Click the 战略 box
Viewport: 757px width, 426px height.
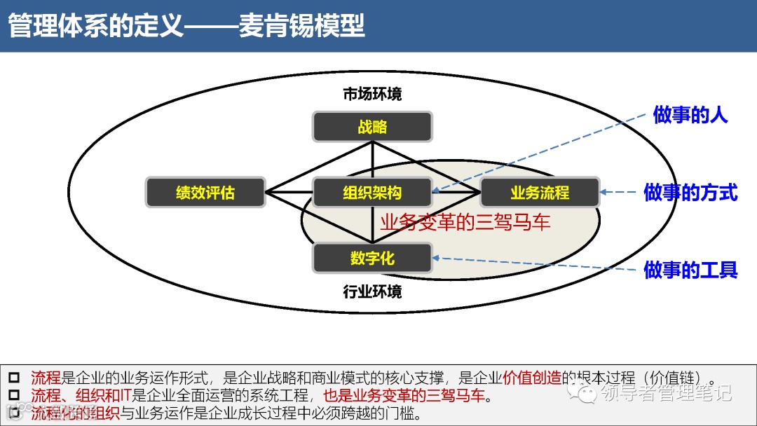(x=372, y=128)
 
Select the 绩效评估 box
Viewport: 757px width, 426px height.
(x=205, y=193)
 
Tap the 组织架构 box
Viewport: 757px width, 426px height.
(x=372, y=193)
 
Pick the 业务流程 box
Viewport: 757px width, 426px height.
(x=540, y=193)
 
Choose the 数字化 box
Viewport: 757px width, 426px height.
(x=372, y=259)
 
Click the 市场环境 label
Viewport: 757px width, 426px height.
(x=372, y=94)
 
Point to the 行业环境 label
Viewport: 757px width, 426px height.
(x=372, y=291)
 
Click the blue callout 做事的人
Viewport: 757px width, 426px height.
(x=690, y=116)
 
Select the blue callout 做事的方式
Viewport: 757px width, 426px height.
(x=690, y=193)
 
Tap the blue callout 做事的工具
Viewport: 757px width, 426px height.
(x=690, y=270)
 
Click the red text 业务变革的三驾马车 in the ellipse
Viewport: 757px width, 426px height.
(x=465, y=223)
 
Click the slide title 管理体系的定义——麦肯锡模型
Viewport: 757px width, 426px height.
(x=186, y=26)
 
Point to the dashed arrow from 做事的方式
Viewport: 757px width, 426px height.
(x=621, y=193)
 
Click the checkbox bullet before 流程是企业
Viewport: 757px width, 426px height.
(x=14, y=378)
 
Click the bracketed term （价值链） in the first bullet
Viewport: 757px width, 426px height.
(x=673, y=378)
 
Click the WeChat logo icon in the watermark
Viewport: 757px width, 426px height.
(x=583, y=392)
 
